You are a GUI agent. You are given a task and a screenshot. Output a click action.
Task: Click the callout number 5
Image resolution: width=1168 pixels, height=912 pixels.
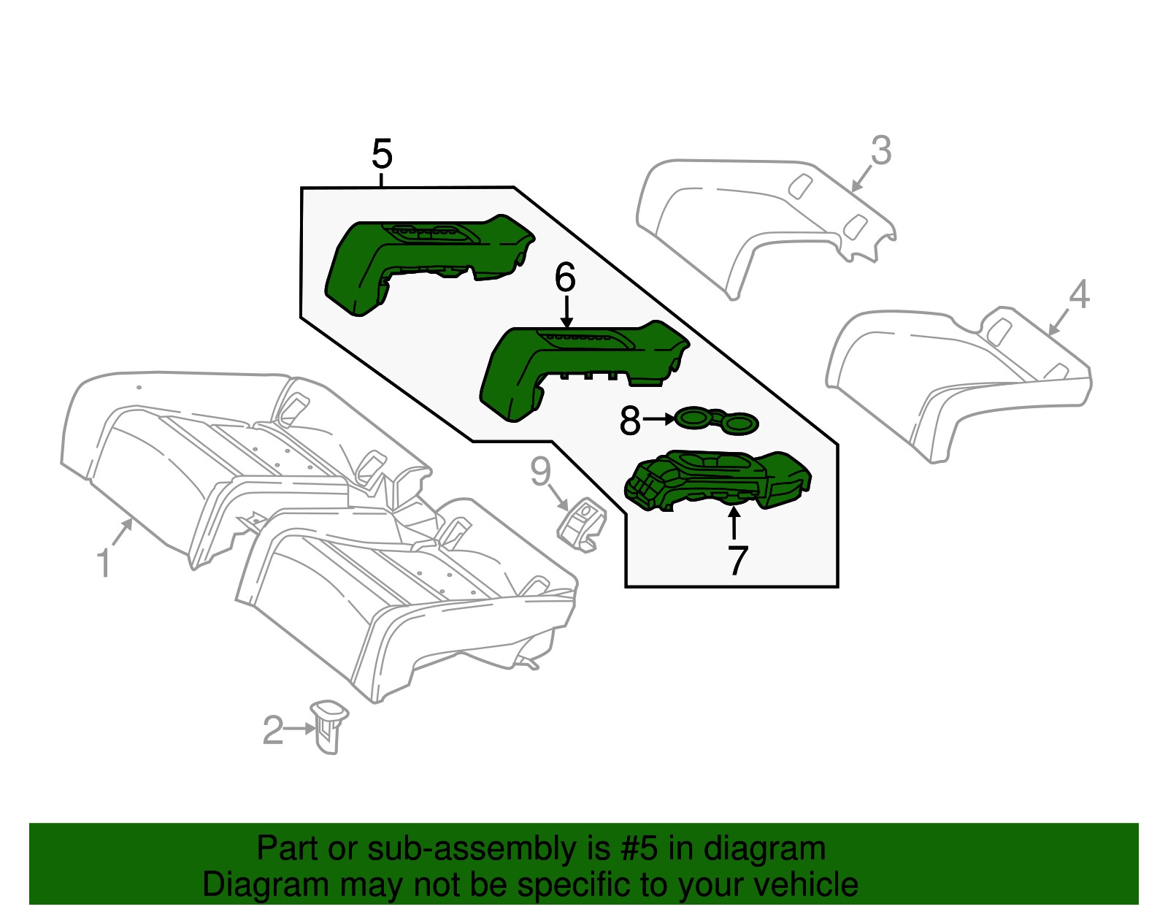[382, 155]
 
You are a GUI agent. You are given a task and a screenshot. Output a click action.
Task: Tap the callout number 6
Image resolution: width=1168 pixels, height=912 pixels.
[565, 278]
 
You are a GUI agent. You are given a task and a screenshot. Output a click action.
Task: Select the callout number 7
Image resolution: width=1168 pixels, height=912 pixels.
[737, 561]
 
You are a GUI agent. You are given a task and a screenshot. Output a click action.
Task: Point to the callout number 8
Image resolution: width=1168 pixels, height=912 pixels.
[629, 421]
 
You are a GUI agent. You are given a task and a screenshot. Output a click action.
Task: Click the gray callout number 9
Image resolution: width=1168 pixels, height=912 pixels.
[540, 472]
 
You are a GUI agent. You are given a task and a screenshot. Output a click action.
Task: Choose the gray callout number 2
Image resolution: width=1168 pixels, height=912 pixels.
[272, 730]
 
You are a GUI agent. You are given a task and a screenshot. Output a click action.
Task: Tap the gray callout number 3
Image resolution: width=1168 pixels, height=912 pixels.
[881, 151]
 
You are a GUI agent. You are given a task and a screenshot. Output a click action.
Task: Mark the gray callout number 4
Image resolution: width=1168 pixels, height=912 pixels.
[1079, 295]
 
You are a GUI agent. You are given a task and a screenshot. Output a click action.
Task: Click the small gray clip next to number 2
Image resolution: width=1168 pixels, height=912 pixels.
[328, 726]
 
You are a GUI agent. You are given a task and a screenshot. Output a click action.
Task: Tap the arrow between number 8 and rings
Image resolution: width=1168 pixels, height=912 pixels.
[659, 419]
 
